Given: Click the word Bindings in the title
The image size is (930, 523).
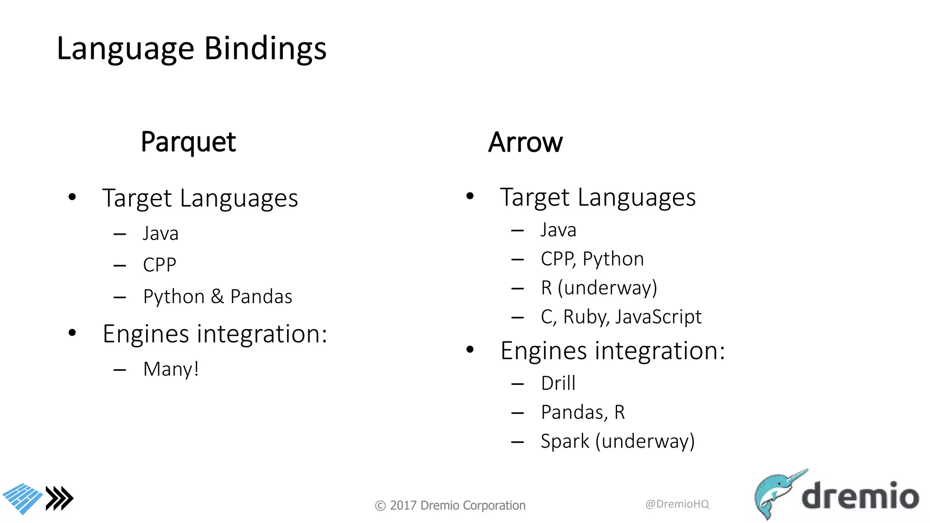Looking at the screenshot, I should [x=265, y=49].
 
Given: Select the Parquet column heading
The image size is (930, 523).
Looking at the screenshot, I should [x=188, y=143].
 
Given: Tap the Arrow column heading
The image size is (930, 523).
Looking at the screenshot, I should [x=525, y=143].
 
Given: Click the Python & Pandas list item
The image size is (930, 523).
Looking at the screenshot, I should [x=218, y=297].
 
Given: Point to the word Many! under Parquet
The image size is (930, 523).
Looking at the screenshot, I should [x=171, y=369].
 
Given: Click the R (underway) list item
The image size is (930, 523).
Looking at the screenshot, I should [x=599, y=288].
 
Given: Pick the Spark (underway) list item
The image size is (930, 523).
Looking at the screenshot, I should [x=617, y=441].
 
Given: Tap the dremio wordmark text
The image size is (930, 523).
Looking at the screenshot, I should [x=860, y=496].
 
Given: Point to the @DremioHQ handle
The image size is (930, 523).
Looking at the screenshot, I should [x=677, y=504].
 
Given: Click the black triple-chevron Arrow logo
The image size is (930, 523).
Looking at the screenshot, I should [x=59, y=498].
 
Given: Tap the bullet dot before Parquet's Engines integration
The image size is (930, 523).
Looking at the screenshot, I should [x=72, y=333].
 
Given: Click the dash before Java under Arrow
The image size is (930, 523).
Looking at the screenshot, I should [x=517, y=231].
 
